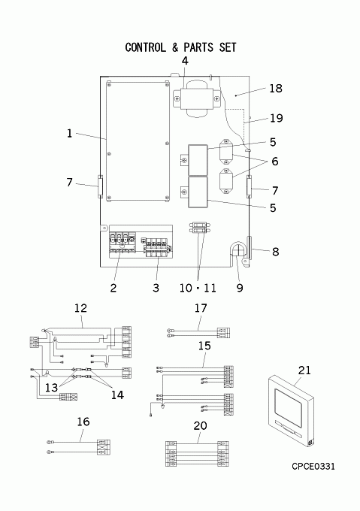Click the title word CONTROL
click(145, 47)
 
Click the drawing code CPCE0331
click(313, 467)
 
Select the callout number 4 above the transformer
click(185, 61)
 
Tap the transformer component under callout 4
click(196, 98)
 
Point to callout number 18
click(276, 89)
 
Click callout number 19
click(277, 118)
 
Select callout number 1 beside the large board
click(69, 133)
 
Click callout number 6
click(275, 162)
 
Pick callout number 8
click(275, 252)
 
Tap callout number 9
click(240, 288)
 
